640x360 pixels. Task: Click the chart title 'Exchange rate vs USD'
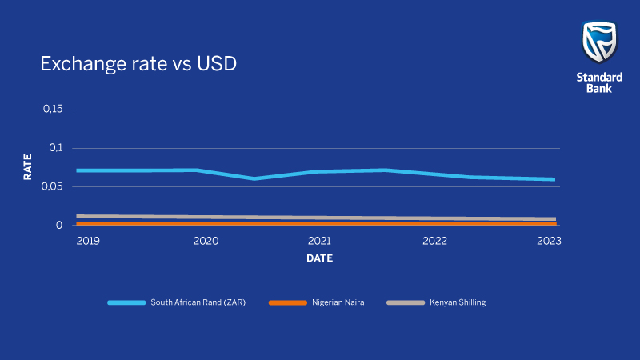pyautogui.click(x=138, y=63)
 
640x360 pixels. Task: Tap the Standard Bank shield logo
pyautogui.click(x=599, y=42)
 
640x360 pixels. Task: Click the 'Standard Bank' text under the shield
pyautogui.click(x=599, y=82)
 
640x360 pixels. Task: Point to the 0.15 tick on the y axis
pyautogui.click(x=52, y=109)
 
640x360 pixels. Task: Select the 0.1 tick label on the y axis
pyautogui.click(x=55, y=148)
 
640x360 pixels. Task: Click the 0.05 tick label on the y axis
pyautogui.click(x=52, y=186)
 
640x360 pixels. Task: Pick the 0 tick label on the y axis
pyautogui.click(x=58, y=226)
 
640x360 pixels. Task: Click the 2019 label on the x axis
pyautogui.click(x=89, y=241)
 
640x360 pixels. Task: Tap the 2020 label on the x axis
pyautogui.click(x=206, y=241)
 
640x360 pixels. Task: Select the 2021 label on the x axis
pyautogui.click(x=319, y=241)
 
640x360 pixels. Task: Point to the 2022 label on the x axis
pyautogui.click(x=434, y=241)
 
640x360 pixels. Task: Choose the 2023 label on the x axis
pyautogui.click(x=549, y=241)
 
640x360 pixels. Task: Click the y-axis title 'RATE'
pyautogui.click(x=27, y=167)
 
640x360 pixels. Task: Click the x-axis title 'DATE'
pyautogui.click(x=319, y=258)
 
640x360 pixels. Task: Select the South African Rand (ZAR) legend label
pyautogui.click(x=198, y=302)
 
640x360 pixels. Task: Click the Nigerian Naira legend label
pyautogui.click(x=338, y=302)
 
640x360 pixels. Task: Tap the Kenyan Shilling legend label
pyautogui.click(x=458, y=302)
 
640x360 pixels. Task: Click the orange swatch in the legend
pyautogui.click(x=287, y=302)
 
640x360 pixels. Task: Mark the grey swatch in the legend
pyautogui.click(x=406, y=302)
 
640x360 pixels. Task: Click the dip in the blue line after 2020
pyautogui.click(x=254, y=178)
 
